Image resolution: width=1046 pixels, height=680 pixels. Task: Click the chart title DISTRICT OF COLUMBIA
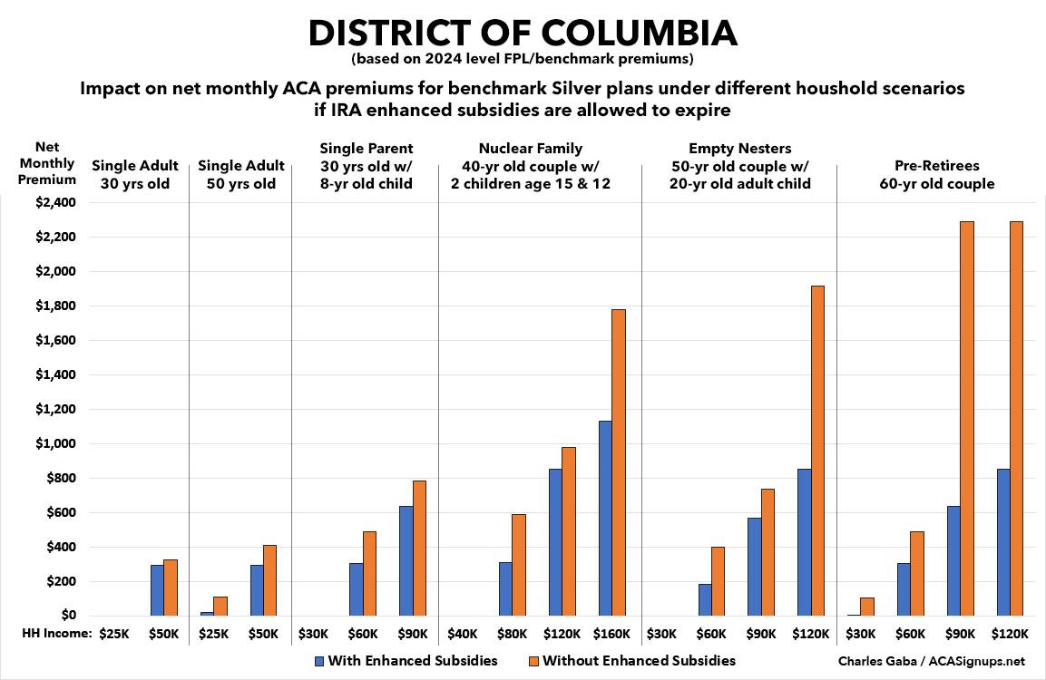(x=523, y=33)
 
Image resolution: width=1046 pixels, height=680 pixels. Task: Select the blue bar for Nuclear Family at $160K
(x=603, y=518)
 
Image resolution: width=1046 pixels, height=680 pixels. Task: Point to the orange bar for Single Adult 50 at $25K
(x=220, y=606)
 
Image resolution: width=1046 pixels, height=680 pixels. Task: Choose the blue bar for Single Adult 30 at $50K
(x=157, y=590)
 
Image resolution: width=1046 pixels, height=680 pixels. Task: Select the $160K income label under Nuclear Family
(x=611, y=635)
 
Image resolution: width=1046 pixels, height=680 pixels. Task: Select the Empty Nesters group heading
(x=738, y=166)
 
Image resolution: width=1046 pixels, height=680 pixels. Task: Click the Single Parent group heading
(x=366, y=166)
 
